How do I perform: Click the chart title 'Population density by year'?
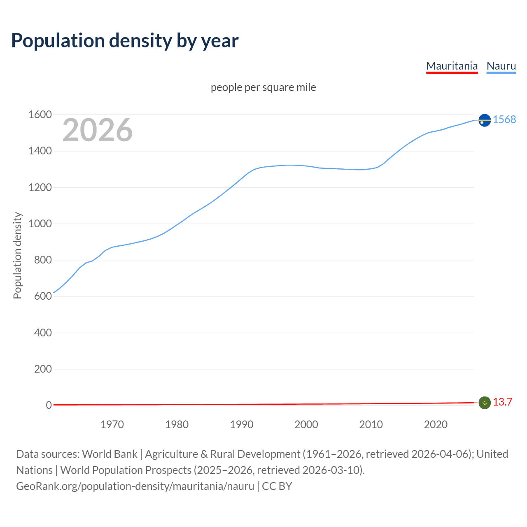click(125, 41)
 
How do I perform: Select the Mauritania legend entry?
click(452, 66)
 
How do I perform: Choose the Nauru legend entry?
click(501, 66)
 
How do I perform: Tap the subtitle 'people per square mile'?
click(263, 87)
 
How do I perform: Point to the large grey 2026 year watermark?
click(98, 130)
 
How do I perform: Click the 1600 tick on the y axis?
click(40, 115)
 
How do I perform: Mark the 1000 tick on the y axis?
click(40, 224)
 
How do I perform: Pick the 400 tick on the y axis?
click(43, 333)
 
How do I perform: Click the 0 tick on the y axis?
click(49, 405)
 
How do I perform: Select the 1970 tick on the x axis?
click(112, 424)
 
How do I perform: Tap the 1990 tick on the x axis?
click(242, 424)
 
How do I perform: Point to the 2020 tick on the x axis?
click(436, 424)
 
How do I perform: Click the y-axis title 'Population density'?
click(17, 255)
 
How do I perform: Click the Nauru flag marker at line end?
click(485, 120)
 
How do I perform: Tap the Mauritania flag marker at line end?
click(485, 403)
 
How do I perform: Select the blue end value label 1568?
click(504, 119)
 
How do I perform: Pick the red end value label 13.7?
click(502, 402)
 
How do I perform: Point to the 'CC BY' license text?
click(277, 486)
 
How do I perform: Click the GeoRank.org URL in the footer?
click(135, 486)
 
